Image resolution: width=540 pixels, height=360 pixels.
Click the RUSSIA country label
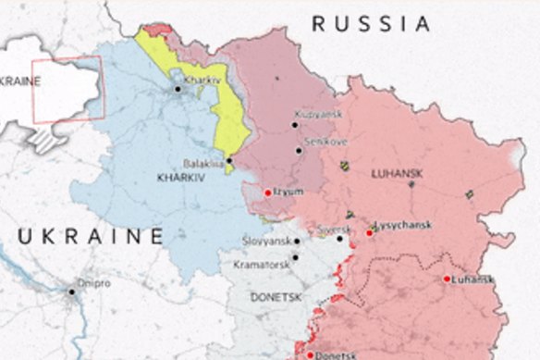point(370,24)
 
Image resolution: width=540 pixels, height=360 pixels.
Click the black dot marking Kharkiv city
point(178,89)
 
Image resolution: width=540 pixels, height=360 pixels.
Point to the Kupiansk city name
point(320,113)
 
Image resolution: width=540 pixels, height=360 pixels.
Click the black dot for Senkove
point(299,150)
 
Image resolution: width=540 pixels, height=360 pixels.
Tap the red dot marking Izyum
point(268,192)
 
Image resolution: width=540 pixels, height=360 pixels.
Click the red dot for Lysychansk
point(370,232)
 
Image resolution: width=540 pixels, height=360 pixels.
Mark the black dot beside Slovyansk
point(296,242)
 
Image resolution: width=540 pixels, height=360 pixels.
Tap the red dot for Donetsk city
point(311,354)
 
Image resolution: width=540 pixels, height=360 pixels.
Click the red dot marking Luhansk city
point(447,279)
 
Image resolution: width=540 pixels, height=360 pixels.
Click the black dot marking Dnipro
point(71,292)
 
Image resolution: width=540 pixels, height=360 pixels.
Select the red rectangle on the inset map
point(67,89)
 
